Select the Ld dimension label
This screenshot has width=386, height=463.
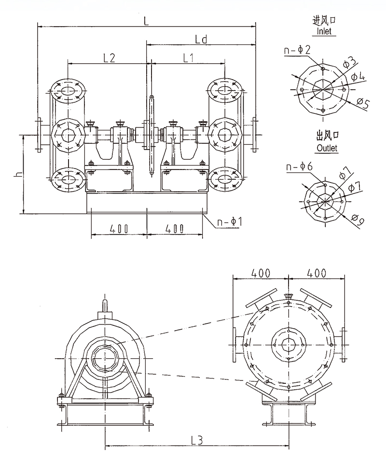(201, 39)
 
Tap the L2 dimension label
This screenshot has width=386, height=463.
(109, 57)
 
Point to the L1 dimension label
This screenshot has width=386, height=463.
(188, 57)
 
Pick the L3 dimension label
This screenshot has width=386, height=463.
(196, 440)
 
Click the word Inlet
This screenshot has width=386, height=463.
(324, 31)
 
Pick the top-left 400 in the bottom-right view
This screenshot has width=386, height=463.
(261, 273)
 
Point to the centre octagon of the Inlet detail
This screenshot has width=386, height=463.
(323, 89)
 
